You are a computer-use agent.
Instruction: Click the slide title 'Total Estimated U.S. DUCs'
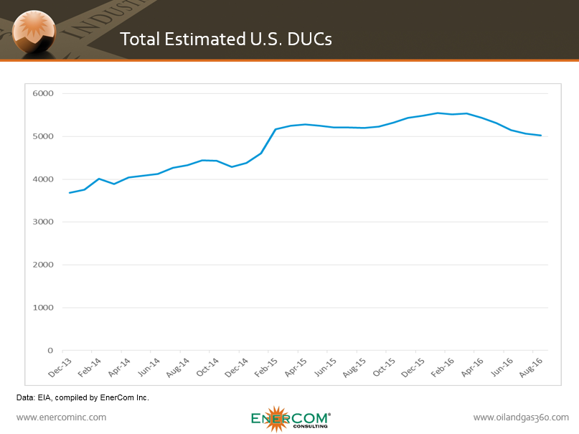tap(226, 39)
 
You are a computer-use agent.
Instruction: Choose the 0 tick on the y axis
tap(50, 351)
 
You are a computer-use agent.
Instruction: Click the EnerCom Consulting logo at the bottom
tap(291, 419)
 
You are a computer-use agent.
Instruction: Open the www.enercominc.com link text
tap(61, 417)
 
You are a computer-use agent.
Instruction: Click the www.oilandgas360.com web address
tap(521, 417)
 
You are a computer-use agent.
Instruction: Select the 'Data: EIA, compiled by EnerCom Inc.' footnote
tap(82, 397)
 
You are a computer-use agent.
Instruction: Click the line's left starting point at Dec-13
tap(70, 192)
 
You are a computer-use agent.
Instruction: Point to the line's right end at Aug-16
tap(540, 136)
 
